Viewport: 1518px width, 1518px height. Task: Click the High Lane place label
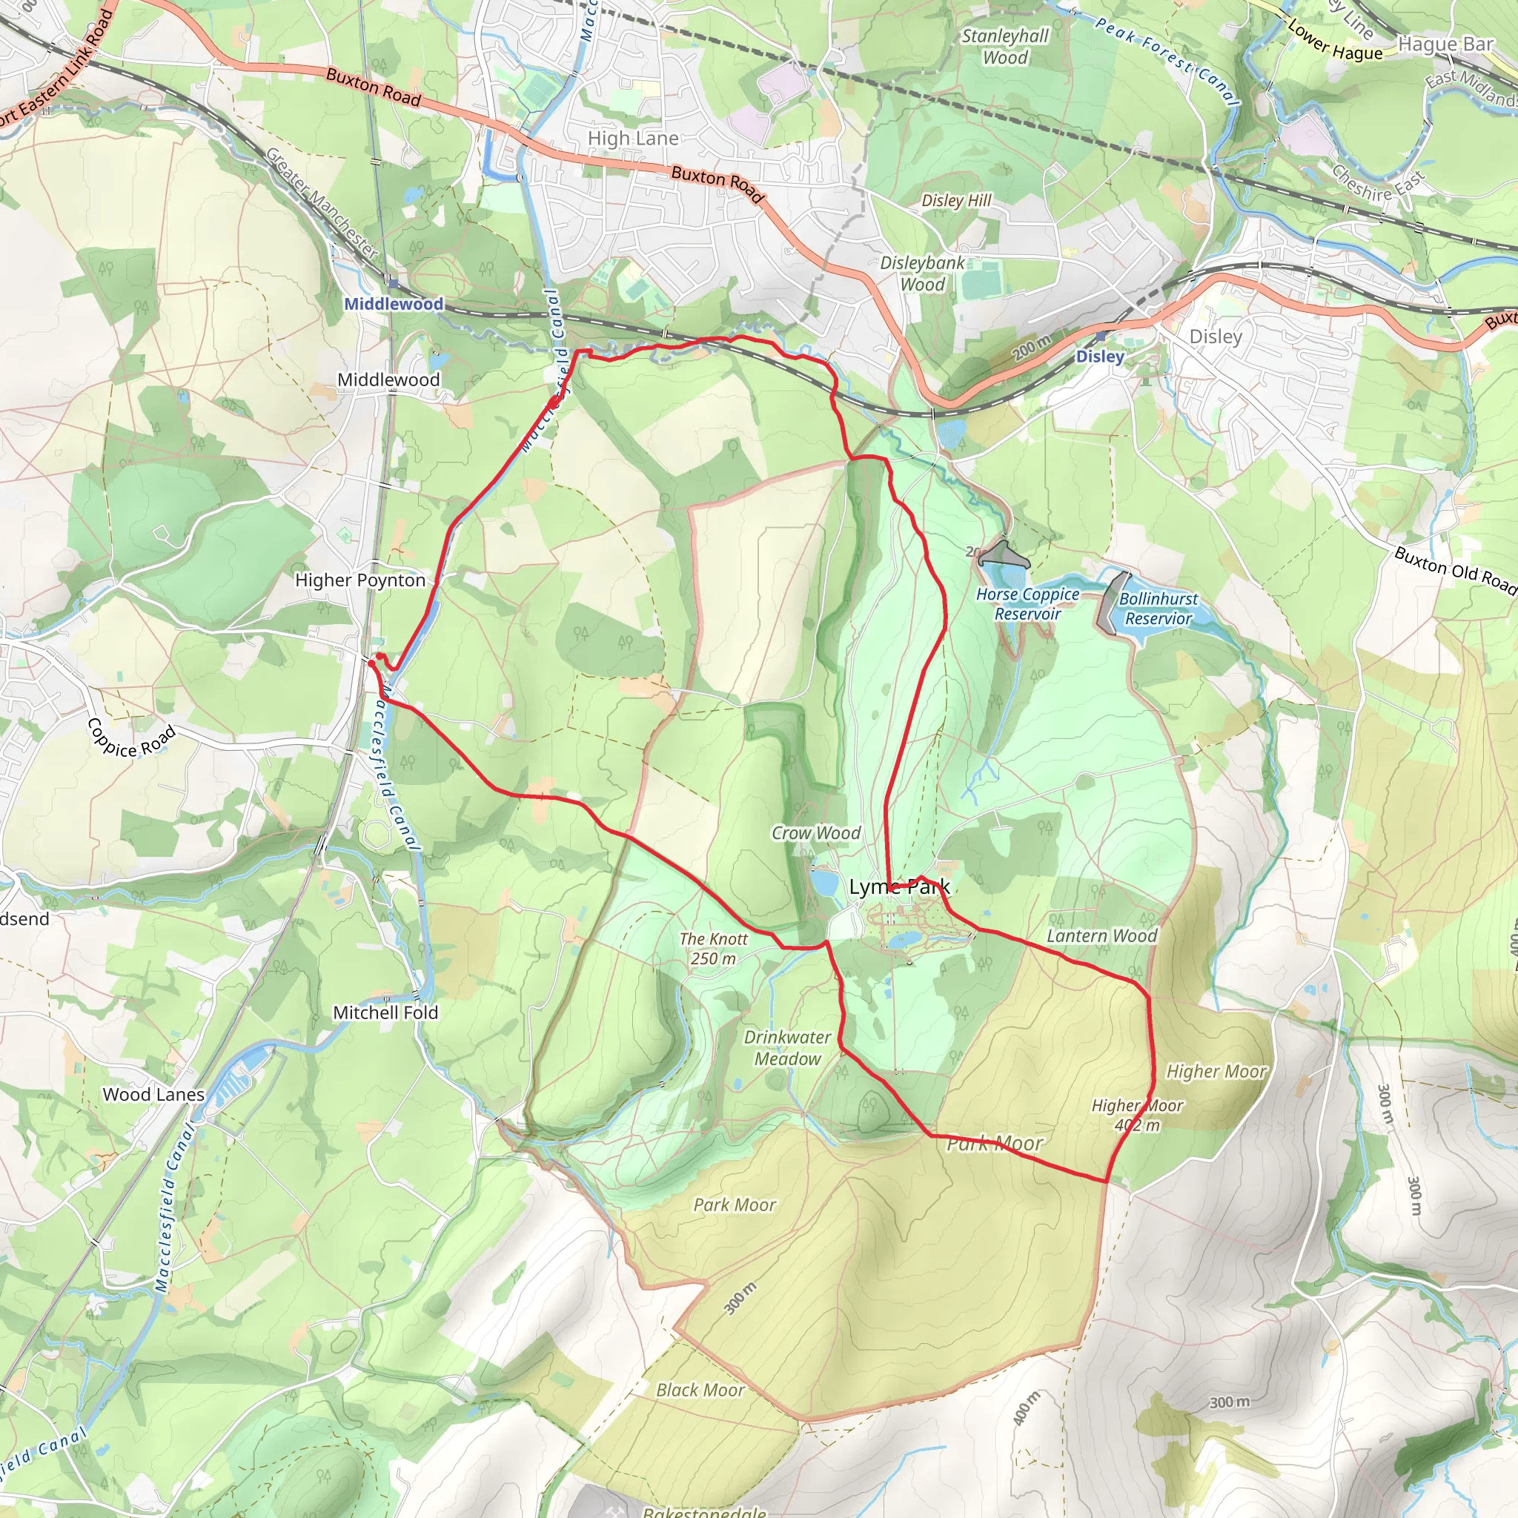pos(633,139)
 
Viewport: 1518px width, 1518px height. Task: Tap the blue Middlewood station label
pos(394,304)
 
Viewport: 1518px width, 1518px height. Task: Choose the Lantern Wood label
pos(1101,936)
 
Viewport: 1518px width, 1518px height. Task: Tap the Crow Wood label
pos(815,833)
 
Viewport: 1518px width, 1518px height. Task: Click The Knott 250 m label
pos(714,948)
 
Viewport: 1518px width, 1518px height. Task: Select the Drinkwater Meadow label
pos(787,1047)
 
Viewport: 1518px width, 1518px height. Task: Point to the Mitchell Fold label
pos(385,1012)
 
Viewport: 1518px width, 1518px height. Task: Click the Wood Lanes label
pos(154,1095)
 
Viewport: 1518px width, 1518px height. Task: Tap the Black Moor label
pos(700,1390)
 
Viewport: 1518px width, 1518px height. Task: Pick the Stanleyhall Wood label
pos(1006,47)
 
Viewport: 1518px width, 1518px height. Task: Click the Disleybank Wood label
pos(922,274)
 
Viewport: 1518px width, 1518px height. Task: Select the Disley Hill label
pos(956,200)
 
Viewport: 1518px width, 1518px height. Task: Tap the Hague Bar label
pos(1445,44)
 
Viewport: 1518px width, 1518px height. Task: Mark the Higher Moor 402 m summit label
pos(1137,1115)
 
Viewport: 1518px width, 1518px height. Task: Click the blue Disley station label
pos(1100,357)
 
